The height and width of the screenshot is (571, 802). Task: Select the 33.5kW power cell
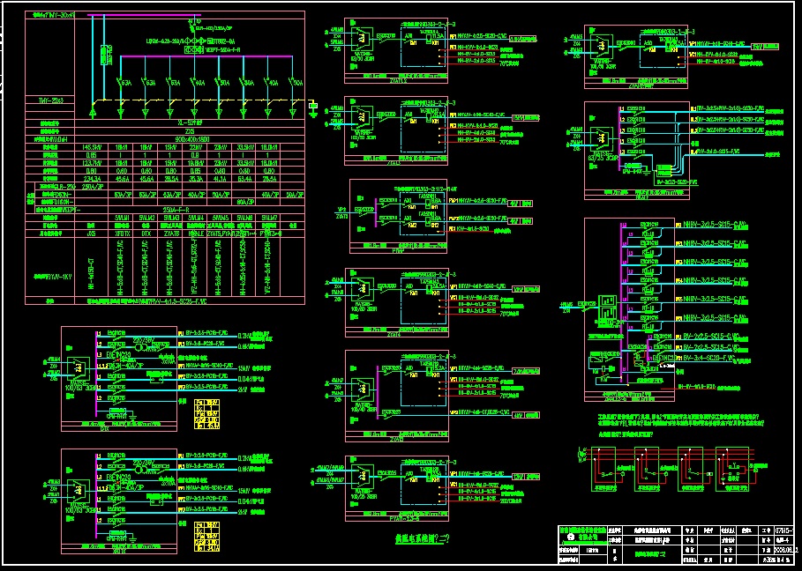point(246,146)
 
